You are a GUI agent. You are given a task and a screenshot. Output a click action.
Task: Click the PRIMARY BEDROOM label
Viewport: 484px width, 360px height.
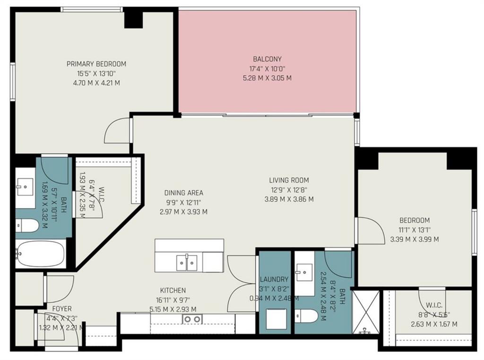coord(96,64)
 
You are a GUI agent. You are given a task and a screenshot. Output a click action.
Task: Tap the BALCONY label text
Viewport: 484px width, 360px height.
coord(267,59)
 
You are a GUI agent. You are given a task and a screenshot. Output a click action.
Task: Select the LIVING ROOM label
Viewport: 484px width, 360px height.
coord(289,180)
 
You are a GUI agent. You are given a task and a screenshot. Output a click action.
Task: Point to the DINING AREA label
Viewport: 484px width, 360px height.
coord(183,193)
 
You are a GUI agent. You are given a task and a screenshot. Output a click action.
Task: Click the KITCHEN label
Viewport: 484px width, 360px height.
coord(173,290)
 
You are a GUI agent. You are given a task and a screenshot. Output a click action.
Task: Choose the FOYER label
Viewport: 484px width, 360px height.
coord(62,309)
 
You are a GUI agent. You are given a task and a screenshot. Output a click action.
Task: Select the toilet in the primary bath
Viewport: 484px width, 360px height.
coord(28,226)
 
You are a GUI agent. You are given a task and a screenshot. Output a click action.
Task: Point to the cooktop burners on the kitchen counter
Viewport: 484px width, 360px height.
coord(192,319)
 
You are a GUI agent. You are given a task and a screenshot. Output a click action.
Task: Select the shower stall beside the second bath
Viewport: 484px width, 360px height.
coord(366,313)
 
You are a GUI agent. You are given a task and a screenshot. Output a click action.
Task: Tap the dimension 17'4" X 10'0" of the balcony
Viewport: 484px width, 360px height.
coord(267,69)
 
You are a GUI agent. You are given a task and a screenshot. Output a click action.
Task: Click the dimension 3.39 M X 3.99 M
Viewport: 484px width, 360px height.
coord(414,239)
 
